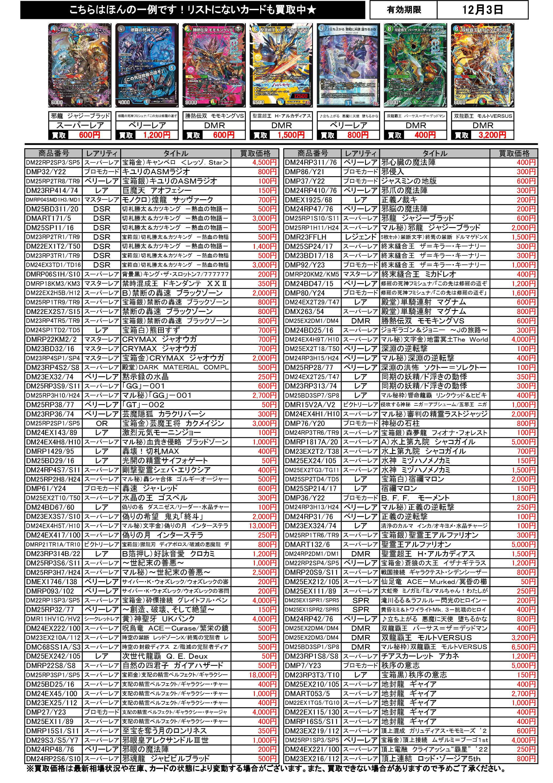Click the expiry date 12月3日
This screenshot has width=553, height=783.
coord(482,10)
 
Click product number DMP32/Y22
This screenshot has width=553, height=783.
coord(46,172)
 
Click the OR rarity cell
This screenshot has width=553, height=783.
coord(102,423)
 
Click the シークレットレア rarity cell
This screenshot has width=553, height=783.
coord(102,619)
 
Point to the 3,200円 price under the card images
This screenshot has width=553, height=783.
coord(492,135)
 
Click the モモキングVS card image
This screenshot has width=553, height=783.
coord(214,65)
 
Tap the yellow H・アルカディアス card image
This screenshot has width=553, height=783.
coord(281,65)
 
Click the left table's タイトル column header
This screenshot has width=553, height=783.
coord(176,153)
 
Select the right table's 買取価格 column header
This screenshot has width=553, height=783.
coord(514,153)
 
